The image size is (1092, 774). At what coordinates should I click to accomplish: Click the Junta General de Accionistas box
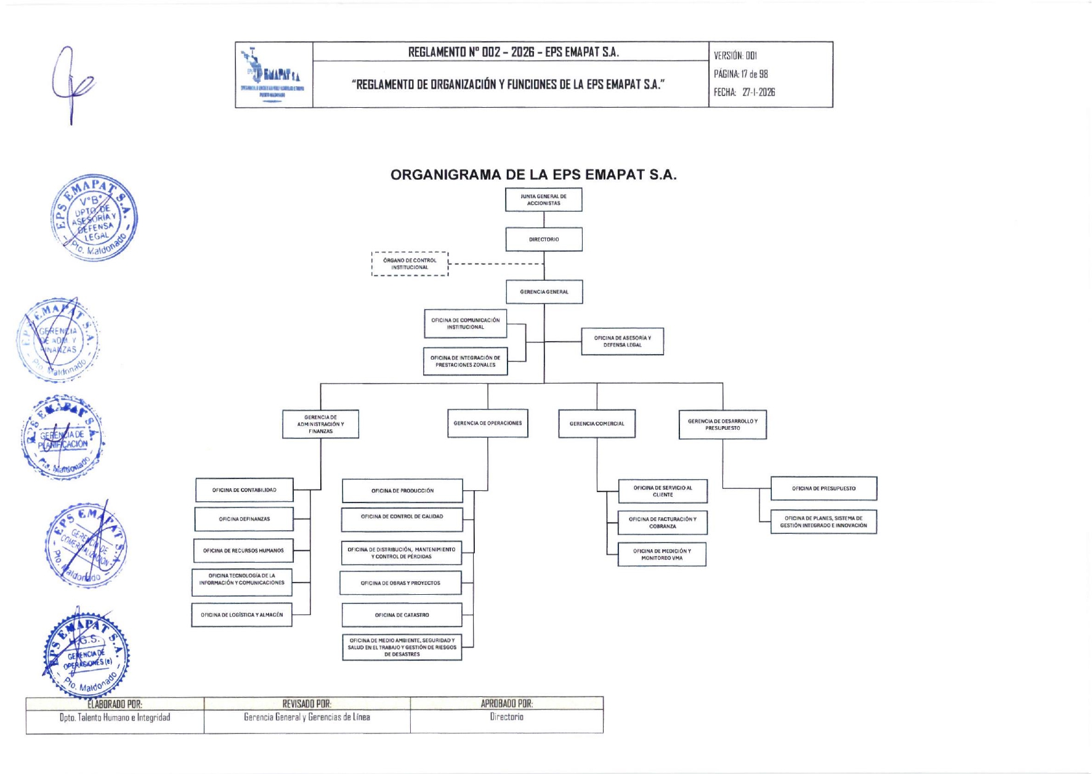(x=543, y=200)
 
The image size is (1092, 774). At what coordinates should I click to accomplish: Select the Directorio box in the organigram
(x=544, y=239)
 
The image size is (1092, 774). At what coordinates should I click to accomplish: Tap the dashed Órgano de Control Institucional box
(x=410, y=264)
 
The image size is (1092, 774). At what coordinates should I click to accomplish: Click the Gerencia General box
(x=544, y=292)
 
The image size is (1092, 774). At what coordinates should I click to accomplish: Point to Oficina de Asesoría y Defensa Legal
(x=622, y=341)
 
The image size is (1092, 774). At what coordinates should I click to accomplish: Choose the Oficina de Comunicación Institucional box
(x=465, y=324)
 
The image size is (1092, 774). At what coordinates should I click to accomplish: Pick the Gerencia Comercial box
(x=596, y=424)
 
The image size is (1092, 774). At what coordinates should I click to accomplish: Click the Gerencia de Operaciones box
(x=487, y=424)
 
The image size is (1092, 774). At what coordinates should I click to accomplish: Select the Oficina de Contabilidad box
(x=244, y=490)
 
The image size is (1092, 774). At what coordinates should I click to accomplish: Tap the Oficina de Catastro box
(x=402, y=615)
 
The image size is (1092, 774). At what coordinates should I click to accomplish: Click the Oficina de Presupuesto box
(x=823, y=488)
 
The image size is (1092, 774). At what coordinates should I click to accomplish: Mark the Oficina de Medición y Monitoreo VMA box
(x=661, y=554)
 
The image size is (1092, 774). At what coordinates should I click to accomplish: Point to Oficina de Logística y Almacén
(x=241, y=615)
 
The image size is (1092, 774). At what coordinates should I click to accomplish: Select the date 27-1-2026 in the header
(x=758, y=92)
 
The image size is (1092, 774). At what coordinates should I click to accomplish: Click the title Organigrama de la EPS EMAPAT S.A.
(x=533, y=174)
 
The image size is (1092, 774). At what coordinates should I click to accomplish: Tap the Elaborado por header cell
(x=115, y=704)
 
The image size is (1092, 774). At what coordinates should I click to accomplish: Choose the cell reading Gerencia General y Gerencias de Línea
(x=307, y=717)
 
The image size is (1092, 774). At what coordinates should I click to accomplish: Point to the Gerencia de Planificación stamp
(x=62, y=438)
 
